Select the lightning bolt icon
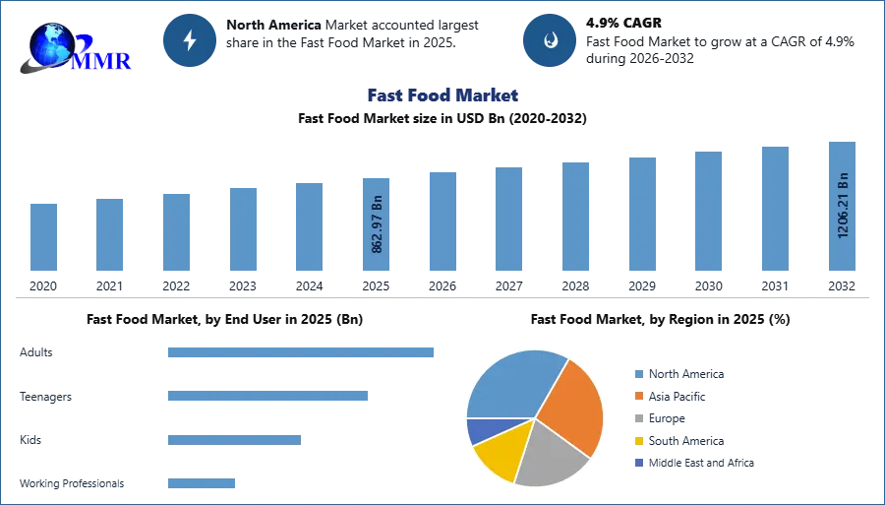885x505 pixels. (190, 40)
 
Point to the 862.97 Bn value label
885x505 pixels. (378, 224)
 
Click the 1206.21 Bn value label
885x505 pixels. (843, 206)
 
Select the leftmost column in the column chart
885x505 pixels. (42, 236)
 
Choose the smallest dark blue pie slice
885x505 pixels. (478, 430)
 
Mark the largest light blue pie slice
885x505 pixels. (511, 384)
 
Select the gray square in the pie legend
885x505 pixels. (637, 418)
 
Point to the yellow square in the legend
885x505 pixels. (637, 441)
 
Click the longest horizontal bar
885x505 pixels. (302, 354)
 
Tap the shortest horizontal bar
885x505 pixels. (201, 481)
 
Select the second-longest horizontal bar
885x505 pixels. (266, 395)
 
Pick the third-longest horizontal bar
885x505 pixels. (235, 441)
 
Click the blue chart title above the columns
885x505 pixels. (440, 95)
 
